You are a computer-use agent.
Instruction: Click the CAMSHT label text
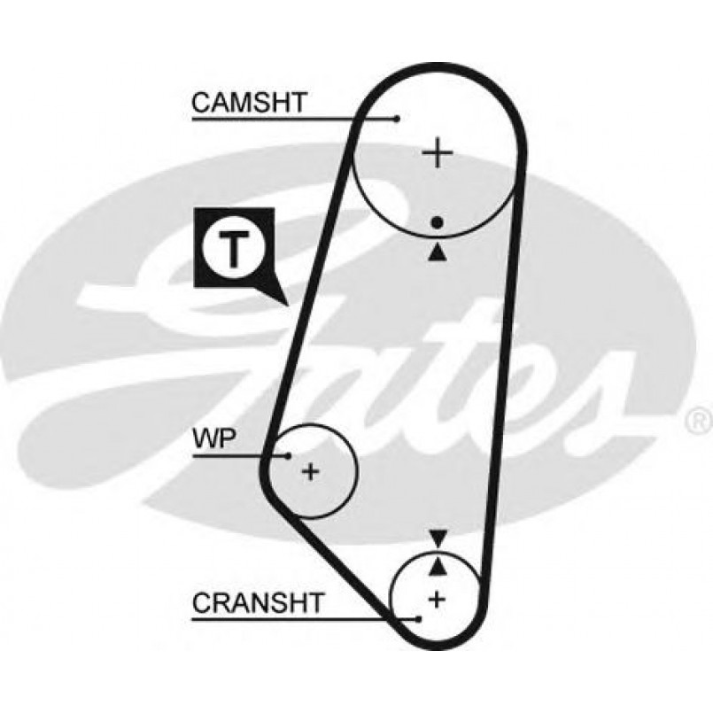[x=248, y=103]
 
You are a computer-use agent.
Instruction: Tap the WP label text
[x=213, y=439]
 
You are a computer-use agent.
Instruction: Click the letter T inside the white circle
[x=232, y=249]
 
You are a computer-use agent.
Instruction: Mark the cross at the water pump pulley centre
[x=310, y=471]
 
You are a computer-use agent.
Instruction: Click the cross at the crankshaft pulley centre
[x=435, y=599]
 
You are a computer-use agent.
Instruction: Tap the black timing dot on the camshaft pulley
[x=437, y=223]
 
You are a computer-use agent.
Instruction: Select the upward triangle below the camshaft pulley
[x=437, y=252]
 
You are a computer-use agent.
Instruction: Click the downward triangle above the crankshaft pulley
[x=438, y=538]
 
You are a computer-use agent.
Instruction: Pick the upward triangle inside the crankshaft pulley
[x=438, y=564]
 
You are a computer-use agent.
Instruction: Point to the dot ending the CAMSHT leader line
[x=399, y=118]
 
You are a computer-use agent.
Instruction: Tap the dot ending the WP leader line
[x=289, y=455]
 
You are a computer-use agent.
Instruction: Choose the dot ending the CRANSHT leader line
[x=416, y=617]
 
